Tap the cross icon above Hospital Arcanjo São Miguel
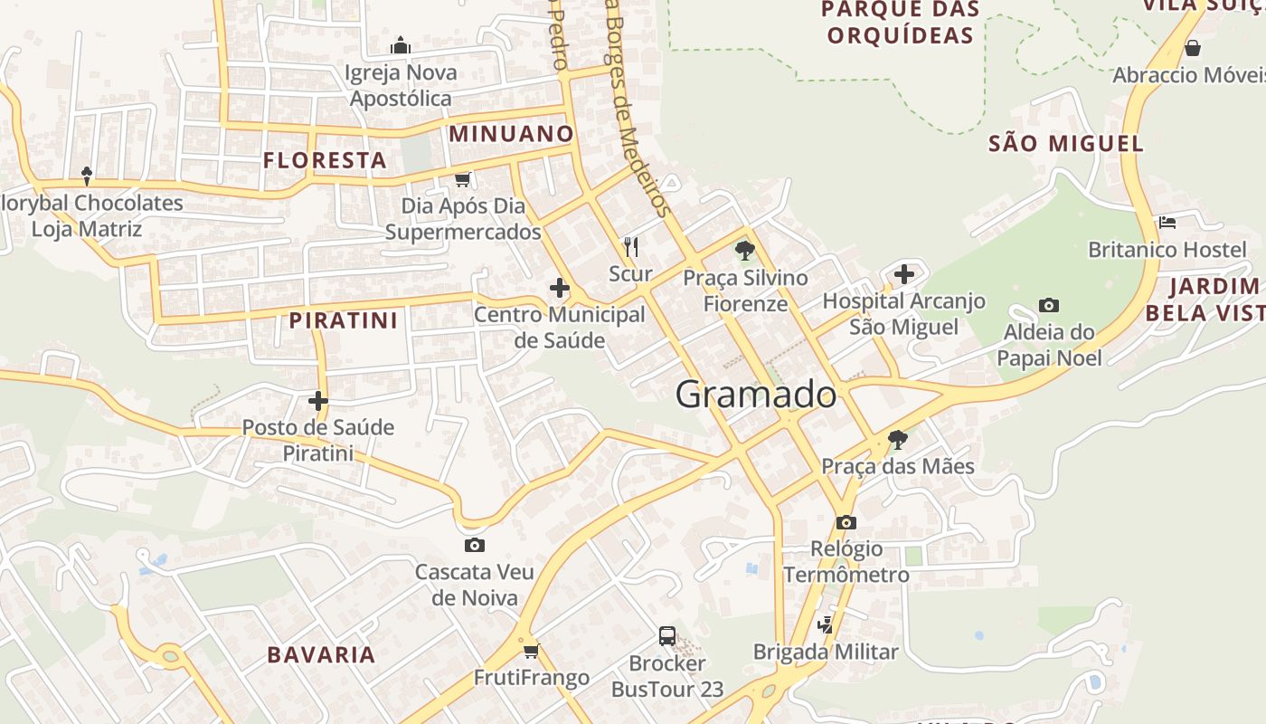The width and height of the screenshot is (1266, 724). click(x=903, y=273)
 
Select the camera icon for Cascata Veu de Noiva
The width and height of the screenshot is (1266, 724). click(x=474, y=545)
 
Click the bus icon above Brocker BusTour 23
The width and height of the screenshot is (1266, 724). click(x=667, y=635)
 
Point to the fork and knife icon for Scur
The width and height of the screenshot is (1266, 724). click(x=631, y=245)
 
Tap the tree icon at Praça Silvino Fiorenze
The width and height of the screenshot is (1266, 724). click(x=744, y=250)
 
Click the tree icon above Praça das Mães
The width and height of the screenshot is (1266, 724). click(x=897, y=440)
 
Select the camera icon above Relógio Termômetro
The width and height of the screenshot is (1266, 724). click(x=846, y=522)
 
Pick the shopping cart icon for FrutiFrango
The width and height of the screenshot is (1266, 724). click(x=532, y=650)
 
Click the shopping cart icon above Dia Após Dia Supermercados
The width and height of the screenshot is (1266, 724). click(x=463, y=179)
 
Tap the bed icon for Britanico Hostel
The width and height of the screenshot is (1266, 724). click(x=1167, y=222)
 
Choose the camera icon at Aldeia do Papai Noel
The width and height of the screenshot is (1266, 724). click(x=1049, y=305)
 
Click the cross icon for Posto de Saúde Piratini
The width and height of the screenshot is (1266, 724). click(x=318, y=400)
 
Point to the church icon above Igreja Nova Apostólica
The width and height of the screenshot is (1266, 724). click(x=401, y=45)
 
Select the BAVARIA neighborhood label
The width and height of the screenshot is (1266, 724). click(x=321, y=655)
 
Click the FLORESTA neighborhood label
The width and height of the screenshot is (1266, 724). click(x=325, y=160)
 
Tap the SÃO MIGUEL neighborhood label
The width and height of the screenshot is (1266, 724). click(x=1066, y=143)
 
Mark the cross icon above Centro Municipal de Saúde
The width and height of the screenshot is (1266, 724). click(x=560, y=288)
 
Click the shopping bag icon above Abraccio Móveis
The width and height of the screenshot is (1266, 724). click(x=1193, y=48)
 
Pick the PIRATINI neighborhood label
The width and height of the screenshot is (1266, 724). click(x=344, y=320)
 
